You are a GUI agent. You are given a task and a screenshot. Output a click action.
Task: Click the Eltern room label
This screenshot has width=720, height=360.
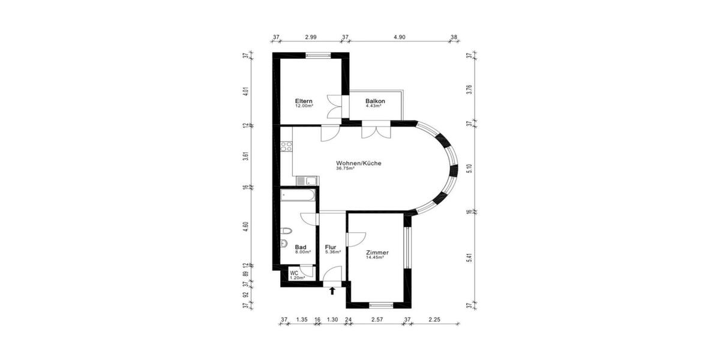[x=304, y=101]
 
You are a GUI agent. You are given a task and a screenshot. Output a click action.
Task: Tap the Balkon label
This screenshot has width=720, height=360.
[x=375, y=101]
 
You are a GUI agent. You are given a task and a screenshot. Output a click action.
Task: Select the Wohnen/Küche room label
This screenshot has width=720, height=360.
[x=359, y=163]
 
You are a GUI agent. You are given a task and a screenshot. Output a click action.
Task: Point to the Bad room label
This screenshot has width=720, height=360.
[x=301, y=247]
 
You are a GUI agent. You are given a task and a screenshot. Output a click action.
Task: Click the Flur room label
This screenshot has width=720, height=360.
[x=331, y=247]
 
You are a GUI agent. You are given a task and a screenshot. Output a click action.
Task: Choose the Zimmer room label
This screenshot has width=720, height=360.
[x=377, y=253]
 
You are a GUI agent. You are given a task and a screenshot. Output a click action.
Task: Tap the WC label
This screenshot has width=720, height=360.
[x=294, y=273]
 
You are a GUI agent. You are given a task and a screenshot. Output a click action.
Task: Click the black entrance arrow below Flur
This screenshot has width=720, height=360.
[x=332, y=292]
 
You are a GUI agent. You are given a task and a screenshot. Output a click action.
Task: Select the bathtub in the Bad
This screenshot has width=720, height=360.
[x=298, y=196]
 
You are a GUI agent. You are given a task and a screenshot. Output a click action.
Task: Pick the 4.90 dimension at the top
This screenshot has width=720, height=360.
[x=400, y=37]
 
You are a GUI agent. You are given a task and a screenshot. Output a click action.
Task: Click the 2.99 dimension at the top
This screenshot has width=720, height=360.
[x=310, y=37]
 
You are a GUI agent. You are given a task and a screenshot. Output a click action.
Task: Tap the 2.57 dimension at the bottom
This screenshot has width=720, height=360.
[x=377, y=320]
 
